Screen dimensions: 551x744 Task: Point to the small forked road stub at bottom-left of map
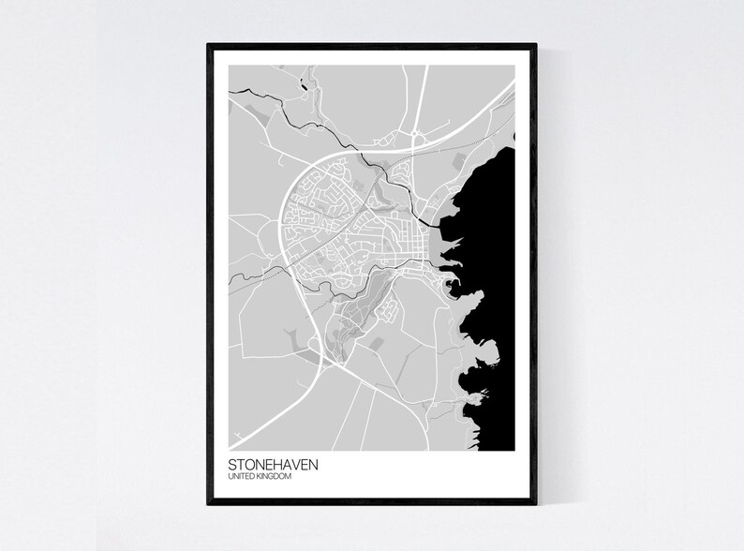coord(237,432)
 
